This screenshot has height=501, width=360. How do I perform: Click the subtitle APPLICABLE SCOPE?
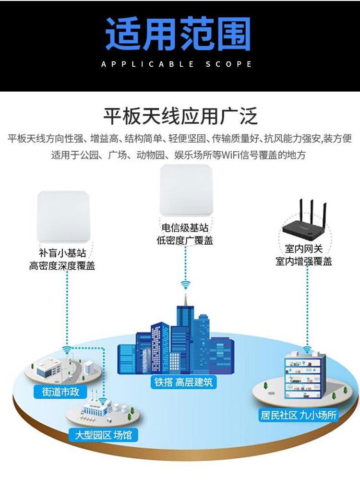pyautogui.click(x=177, y=64)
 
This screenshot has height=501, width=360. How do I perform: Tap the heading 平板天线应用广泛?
pyautogui.click(x=180, y=117)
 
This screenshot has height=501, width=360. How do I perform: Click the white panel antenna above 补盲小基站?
pyautogui.click(x=63, y=216)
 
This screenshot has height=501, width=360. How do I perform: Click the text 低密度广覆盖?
pyautogui.click(x=185, y=240)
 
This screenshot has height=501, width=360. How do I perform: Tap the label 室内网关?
pyautogui.click(x=304, y=249)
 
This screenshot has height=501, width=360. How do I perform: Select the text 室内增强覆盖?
pyautogui.click(x=304, y=262)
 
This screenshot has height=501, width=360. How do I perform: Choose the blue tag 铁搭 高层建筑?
pyautogui.click(x=183, y=382)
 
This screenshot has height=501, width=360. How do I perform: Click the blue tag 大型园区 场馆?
pyautogui.click(x=103, y=435)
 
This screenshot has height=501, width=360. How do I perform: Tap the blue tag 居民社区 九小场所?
pyautogui.click(x=298, y=415)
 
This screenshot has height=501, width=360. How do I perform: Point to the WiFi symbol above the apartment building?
pyautogui.click(x=307, y=349)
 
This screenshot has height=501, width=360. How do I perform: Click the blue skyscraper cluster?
pyautogui.click(x=178, y=341)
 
